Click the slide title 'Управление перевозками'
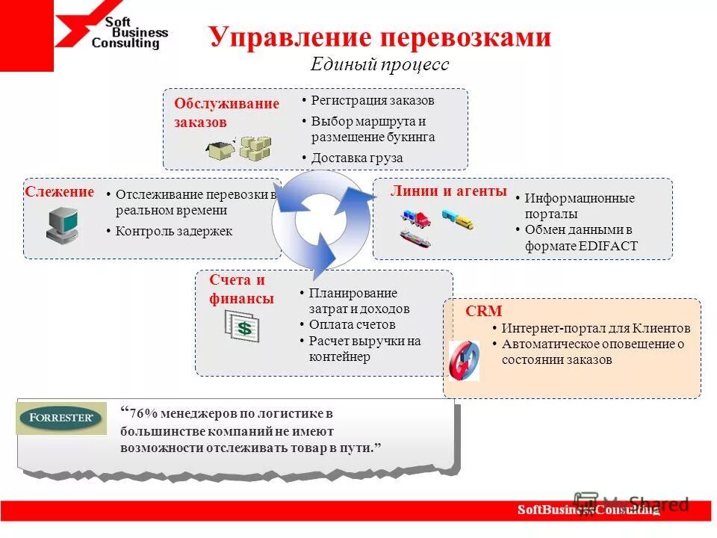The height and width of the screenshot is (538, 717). click(379, 37)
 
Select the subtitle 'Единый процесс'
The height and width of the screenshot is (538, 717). click(379, 64)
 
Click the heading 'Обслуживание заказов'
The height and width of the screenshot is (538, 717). click(226, 112)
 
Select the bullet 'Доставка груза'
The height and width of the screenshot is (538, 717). click(356, 158)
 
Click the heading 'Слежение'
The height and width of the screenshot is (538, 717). click(60, 192)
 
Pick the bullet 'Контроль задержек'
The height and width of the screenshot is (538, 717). click(173, 231)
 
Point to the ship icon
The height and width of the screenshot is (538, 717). click(415, 238)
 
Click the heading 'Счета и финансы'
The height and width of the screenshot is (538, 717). click(241, 289)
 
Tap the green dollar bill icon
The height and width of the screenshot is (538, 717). click(243, 327)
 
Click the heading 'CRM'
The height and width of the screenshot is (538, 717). click(484, 311)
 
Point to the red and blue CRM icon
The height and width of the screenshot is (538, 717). click(463, 361)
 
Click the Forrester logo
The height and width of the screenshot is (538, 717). click(61, 418)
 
